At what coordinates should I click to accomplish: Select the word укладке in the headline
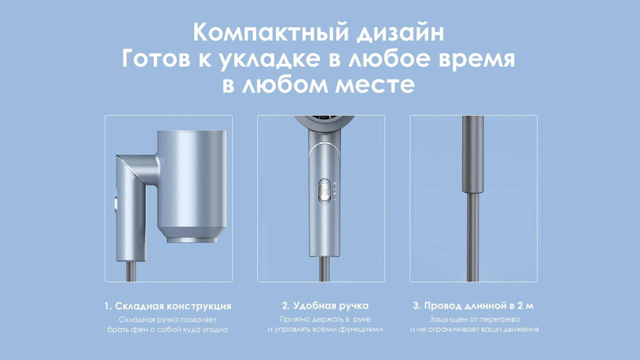click(269, 59)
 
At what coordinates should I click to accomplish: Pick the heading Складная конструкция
click(173, 306)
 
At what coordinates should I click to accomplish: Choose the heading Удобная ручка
click(331, 305)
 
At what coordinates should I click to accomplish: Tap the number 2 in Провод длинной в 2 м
click(520, 305)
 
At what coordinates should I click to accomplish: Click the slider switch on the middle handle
click(324, 192)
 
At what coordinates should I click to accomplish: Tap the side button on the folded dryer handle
click(115, 205)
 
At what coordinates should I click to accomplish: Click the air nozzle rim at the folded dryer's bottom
click(191, 239)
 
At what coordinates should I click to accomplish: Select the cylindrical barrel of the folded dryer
click(191, 183)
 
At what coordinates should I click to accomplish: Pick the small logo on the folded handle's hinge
click(131, 177)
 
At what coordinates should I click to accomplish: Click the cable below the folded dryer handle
click(131, 271)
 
